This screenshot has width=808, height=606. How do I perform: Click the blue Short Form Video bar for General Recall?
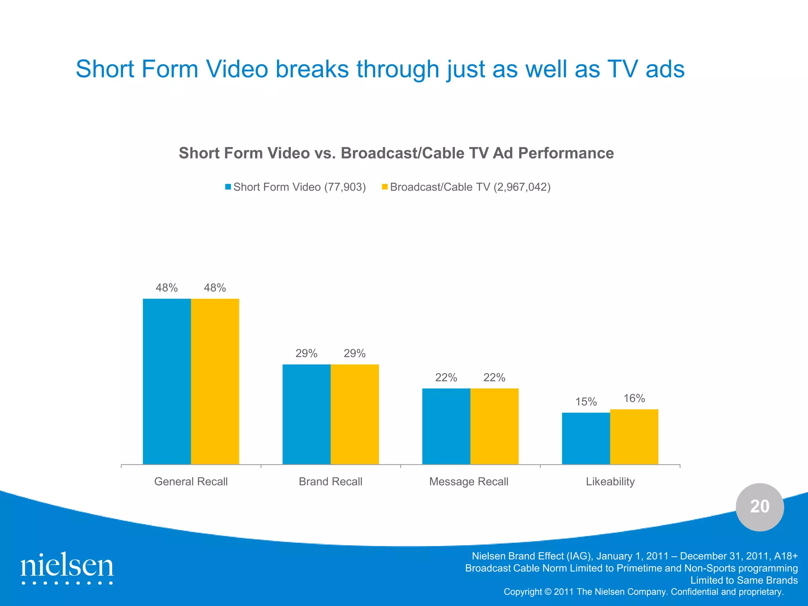(167, 381)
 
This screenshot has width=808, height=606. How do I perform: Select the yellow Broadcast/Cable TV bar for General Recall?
(215, 381)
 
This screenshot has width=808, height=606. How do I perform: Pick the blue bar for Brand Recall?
(307, 414)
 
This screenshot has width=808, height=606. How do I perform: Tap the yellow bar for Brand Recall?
(355, 414)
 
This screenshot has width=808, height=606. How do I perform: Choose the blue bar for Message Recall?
(446, 426)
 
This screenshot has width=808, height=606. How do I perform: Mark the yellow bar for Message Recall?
(494, 426)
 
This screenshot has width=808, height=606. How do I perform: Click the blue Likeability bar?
(586, 438)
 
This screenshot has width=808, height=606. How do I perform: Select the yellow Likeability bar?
(634, 437)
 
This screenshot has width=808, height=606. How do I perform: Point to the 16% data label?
(634, 398)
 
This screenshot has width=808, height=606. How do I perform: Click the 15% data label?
(586, 402)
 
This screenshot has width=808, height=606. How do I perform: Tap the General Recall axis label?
(191, 482)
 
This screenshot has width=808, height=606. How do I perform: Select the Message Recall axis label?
(469, 482)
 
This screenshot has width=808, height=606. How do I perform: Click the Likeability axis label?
(610, 482)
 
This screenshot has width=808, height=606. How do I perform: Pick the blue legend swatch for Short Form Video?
(228, 187)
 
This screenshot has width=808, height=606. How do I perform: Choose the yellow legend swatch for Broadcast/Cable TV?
(385, 187)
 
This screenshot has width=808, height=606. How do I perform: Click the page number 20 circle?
(759, 507)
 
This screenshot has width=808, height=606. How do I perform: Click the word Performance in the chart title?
(566, 153)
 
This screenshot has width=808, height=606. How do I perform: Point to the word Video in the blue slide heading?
(237, 69)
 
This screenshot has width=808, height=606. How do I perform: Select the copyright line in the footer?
(643, 592)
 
